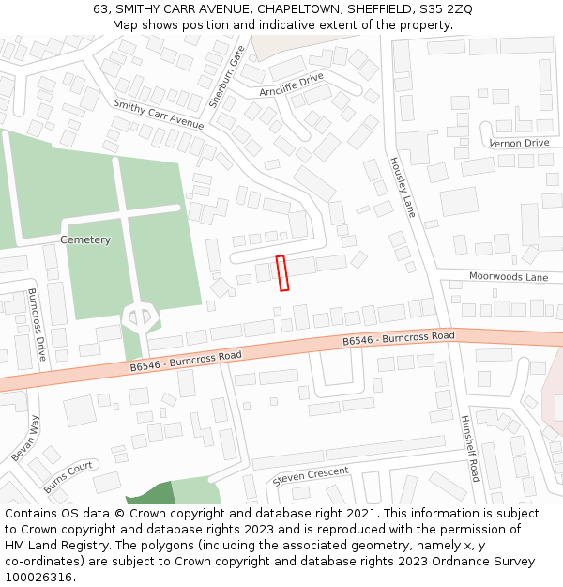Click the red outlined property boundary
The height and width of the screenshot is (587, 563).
[x=281, y=272]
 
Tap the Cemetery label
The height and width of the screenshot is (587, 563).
[x=85, y=239]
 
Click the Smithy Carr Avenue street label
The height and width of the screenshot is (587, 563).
[x=158, y=115]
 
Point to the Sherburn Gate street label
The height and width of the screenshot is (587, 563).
[x=226, y=75]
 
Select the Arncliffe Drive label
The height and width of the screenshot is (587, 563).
[x=291, y=85]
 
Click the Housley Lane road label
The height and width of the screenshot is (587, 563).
[x=402, y=186]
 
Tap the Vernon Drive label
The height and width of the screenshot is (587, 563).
[x=519, y=143]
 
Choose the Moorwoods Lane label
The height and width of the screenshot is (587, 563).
[x=508, y=277]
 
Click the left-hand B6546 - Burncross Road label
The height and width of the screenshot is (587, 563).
[x=186, y=363]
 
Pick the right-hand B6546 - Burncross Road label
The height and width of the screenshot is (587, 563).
[x=398, y=338]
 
